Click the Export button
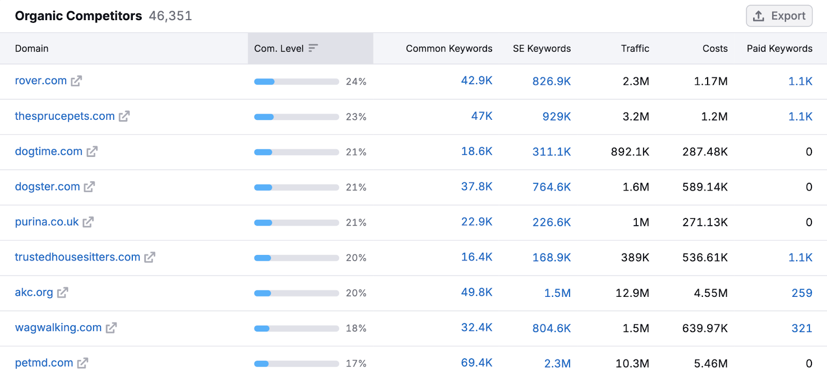pyautogui.click(x=779, y=16)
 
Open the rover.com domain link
pyautogui.click(x=41, y=81)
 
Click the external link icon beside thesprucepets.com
pyautogui.click(x=124, y=116)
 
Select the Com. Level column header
pyautogui.click(x=279, y=49)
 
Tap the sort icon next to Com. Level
pyautogui.click(x=313, y=48)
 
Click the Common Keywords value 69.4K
pyautogui.click(x=477, y=363)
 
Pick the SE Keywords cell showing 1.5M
pyautogui.click(x=557, y=293)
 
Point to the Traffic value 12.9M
pyautogui.click(x=632, y=293)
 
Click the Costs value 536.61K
pyautogui.click(x=705, y=258)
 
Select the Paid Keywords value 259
pyautogui.click(x=802, y=293)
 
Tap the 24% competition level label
pyautogui.click(x=356, y=82)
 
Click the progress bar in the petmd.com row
pyautogui.click(x=296, y=363)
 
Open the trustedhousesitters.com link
pyautogui.click(x=78, y=257)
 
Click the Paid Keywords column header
pyautogui.click(x=779, y=49)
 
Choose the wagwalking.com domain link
pyautogui.click(x=58, y=328)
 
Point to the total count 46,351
pyautogui.click(x=170, y=16)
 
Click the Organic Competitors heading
pyautogui.click(x=78, y=16)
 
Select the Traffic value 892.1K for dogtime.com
pyautogui.click(x=630, y=152)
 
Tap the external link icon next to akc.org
pyautogui.click(x=63, y=293)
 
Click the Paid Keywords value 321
pyautogui.click(x=802, y=328)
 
